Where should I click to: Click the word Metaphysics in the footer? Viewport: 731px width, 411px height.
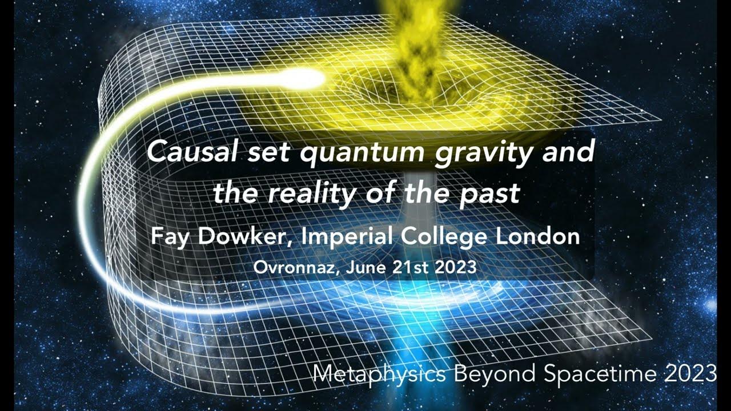(380, 374)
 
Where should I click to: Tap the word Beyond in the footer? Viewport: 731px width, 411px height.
(495, 374)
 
